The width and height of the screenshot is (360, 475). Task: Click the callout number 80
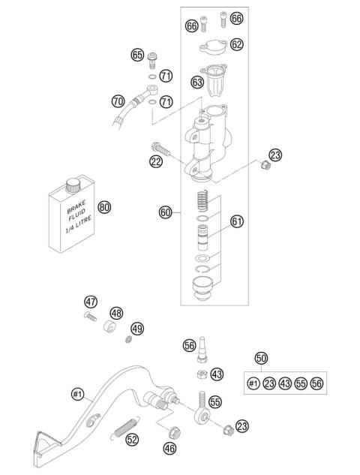click(x=104, y=206)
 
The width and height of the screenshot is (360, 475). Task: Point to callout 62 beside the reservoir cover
click(x=237, y=44)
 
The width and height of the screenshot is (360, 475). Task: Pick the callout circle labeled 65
click(x=137, y=55)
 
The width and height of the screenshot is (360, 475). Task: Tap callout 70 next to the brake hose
click(x=117, y=99)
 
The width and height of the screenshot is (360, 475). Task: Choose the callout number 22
click(x=156, y=161)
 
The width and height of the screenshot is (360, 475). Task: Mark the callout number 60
click(x=166, y=212)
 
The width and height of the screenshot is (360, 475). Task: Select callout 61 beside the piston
click(x=237, y=221)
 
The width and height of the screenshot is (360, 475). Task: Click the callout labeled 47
click(x=91, y=302)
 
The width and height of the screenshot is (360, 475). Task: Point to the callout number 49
click(x=136, y=328)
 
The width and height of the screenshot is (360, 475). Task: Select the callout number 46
click(x=169, y=449)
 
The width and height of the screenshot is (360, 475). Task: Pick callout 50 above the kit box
click(x=261, y=358)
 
